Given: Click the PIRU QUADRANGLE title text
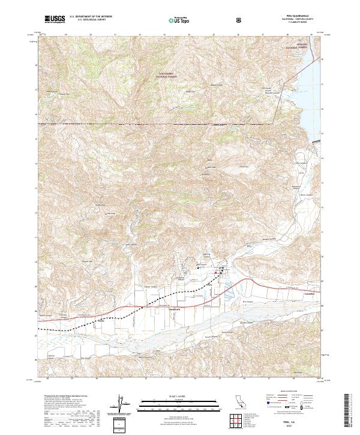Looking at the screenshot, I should pos(293,16).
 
